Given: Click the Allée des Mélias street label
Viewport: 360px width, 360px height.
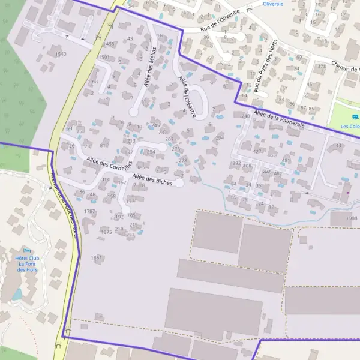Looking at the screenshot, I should [149, 71].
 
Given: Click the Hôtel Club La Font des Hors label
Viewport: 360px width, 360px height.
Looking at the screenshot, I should [26, 264].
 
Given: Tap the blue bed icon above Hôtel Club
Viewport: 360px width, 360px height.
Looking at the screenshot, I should [26, 250].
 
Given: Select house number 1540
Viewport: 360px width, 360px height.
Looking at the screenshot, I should [61, 54].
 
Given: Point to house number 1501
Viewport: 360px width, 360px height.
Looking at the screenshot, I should [103, 57].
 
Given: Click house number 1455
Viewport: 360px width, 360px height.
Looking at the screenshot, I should [109, 44].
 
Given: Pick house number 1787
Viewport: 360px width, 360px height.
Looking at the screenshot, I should [90, 211].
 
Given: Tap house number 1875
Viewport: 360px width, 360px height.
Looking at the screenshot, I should [106, 232].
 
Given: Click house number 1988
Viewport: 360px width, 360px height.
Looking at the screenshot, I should [352, 218].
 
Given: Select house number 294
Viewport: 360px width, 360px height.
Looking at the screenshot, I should [220, 137].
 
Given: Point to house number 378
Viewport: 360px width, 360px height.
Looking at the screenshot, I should [322, 66].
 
